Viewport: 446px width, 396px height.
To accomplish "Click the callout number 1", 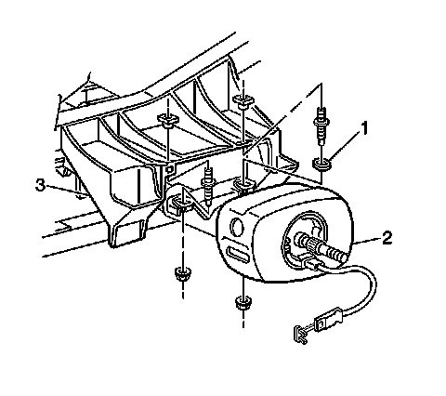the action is pos(365,128).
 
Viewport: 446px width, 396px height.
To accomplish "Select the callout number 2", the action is pos(387,238).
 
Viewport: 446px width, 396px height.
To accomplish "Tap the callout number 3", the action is pos(41,186).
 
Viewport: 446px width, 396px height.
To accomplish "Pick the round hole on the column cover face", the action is pos(237,228).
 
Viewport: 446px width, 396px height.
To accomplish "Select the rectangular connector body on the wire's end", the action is pos(328,318).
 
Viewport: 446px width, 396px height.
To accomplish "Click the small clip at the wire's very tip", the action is pos(300,334).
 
